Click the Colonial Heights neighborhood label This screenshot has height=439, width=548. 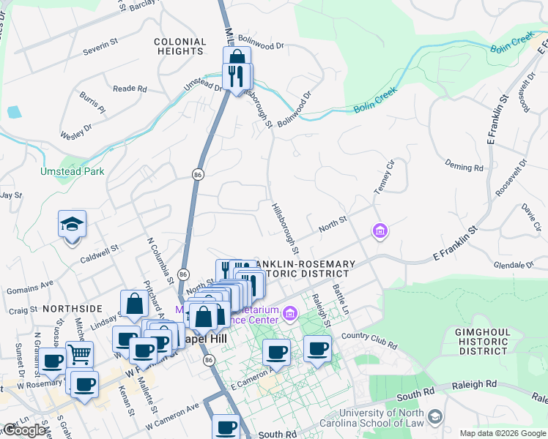180,47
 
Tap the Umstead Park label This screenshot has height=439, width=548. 72,171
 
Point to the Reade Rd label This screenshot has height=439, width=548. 130,89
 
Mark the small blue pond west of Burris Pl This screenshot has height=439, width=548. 14,113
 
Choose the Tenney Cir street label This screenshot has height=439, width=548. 385,176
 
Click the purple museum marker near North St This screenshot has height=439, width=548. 379,232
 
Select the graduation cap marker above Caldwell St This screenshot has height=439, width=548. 73,225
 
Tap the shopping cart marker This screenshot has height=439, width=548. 79,356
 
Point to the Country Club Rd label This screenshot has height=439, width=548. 369,341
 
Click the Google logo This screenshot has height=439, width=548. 25,430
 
